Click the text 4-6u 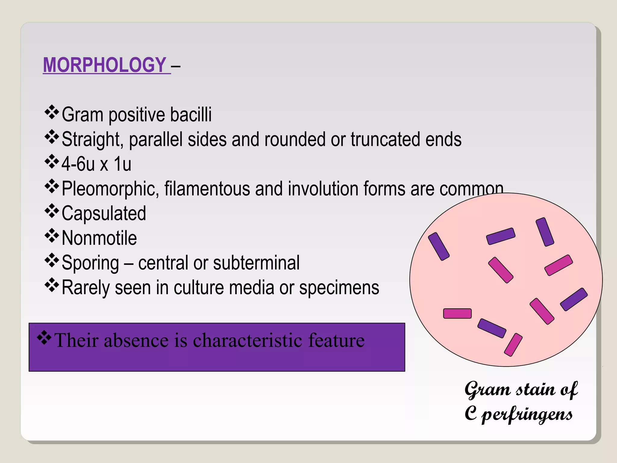[78, 164]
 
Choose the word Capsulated [104, 213]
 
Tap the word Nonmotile [99, 238]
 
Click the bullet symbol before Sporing [52, 260]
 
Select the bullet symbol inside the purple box [44, 338]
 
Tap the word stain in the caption [535, 389]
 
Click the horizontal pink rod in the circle [457, 313]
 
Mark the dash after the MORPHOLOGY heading [176, 66]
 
